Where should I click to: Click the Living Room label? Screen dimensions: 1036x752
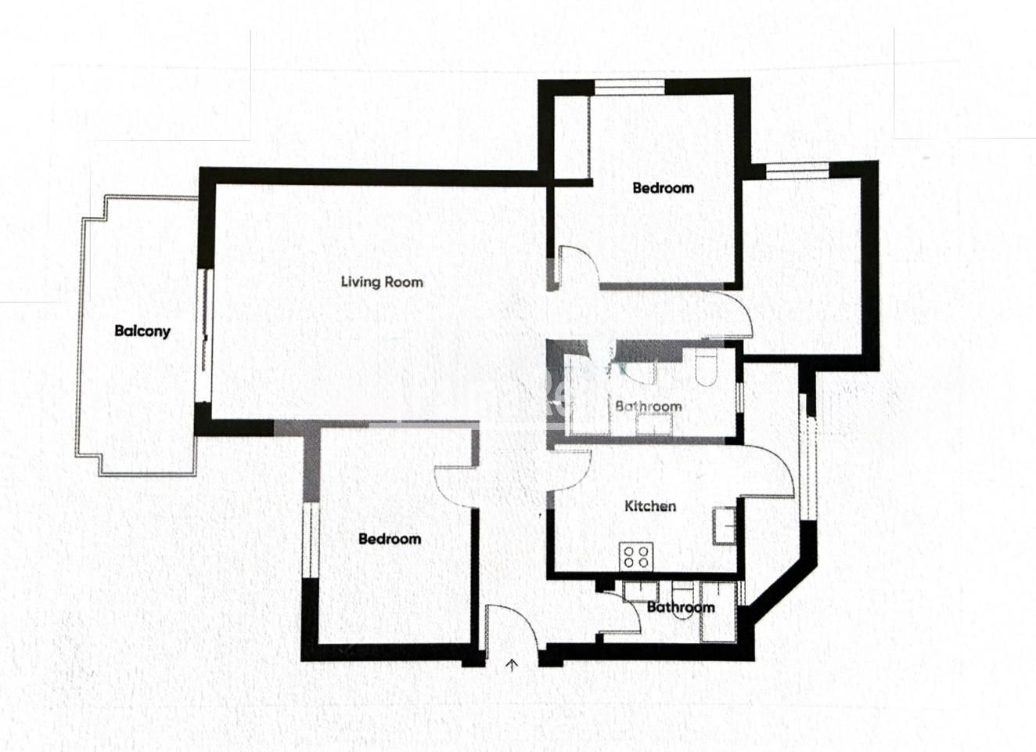point(382,282)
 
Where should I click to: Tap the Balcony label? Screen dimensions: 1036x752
point(142,331)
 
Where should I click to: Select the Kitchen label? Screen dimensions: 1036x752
point(650,506)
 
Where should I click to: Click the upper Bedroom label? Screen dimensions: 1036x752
point(664,188)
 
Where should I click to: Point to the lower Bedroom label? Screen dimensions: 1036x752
point(390,539)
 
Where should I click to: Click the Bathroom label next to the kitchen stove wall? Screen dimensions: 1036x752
point(681,607)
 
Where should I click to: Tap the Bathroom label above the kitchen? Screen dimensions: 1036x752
point(649,407)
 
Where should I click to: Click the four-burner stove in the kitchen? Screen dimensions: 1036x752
point(636,557)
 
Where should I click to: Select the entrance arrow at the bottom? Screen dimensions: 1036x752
point(512,665)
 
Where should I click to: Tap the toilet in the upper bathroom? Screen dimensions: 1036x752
point(706,368)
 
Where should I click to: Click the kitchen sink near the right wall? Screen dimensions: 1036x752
point(725,526)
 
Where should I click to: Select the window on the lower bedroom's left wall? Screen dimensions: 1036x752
point(311,540)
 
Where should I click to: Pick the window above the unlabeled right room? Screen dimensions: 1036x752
point(798,170)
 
